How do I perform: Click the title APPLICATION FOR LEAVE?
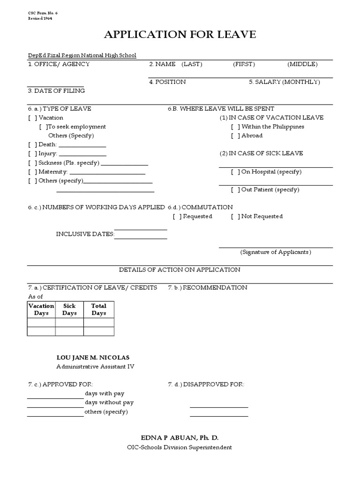point(180,35)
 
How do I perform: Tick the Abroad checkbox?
point(235,135)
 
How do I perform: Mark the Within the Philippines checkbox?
point(235,127)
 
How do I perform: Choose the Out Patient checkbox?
point(235,190)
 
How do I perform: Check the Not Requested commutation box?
point(235,217)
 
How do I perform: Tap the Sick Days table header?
point(69,309)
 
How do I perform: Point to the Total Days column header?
point(99,309)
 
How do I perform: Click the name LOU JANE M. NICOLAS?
point(93,358)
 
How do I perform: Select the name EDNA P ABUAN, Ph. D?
point(180,438)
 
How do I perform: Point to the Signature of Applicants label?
point(276,252)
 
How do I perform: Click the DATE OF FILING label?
point(56,91)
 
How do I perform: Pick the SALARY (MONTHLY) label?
point(285,82)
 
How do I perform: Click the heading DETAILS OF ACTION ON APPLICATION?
point(180,270)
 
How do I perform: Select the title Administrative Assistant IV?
point(95,367)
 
